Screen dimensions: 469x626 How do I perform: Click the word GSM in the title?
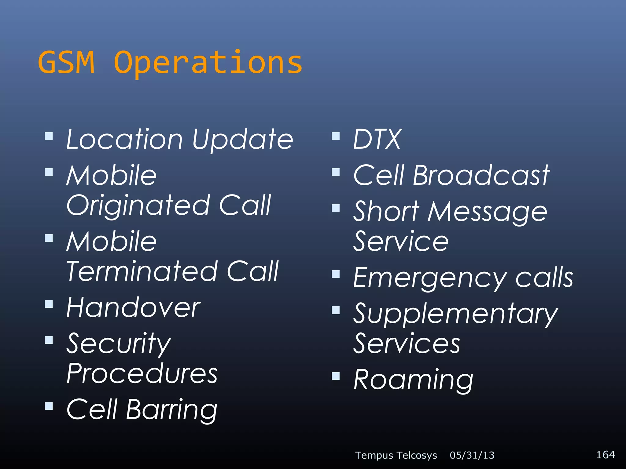66,62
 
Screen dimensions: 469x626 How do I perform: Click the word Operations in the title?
208,63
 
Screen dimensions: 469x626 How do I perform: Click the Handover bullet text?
133,307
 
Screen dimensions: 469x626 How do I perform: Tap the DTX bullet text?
377,140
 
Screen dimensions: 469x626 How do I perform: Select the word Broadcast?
481,175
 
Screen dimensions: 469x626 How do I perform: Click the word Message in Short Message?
487,212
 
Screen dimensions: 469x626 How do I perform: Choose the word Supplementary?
455,314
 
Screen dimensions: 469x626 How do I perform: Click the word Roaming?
413,380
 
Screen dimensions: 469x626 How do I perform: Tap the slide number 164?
605,454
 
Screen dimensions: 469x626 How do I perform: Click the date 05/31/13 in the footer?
472,455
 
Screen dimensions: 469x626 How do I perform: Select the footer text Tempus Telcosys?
396,455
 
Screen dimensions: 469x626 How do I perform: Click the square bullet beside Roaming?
336,376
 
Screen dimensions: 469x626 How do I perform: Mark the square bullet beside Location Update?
49,136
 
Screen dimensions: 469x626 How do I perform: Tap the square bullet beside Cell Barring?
49,406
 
